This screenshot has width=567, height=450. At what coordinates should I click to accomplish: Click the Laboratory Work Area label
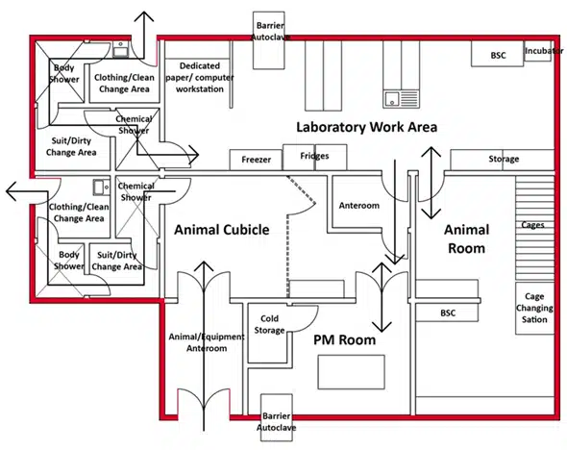[x=367, y=127]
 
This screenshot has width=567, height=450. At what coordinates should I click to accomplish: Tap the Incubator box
[x=538, y=51]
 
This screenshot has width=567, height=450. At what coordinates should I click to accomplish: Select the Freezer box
[x=256, y=160]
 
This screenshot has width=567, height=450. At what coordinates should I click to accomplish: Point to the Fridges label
[x=314, y=156]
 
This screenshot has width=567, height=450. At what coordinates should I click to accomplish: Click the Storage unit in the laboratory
[x=502, y=160]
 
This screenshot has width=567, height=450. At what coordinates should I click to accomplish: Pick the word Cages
[x=532, y=225]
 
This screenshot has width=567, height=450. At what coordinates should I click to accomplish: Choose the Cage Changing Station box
[x=534, y=309]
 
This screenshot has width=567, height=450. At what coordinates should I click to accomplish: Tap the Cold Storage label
[x=269, y=324]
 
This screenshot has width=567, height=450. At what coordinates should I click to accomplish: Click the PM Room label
[x=344, y=340]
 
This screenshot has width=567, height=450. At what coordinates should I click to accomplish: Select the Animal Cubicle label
[x=222, y=230]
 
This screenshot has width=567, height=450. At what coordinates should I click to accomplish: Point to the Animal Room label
[x=466, y=239]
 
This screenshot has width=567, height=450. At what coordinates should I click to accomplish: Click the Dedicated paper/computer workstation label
[x=200, y=78]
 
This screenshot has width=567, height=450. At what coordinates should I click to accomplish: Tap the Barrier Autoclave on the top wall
[x=268, y=40]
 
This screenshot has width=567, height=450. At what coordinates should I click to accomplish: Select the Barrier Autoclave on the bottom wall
[x=277, y=417]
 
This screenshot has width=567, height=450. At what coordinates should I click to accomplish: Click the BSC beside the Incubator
[x=497, y=54]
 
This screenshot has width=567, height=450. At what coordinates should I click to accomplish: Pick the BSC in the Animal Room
[x=448, y=312]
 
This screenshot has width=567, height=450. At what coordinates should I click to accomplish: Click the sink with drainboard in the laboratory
[x=401, y=99]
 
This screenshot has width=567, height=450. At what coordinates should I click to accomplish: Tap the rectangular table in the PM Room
[x=351, y=372]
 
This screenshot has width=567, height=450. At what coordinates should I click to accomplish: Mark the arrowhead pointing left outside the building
[x=12, y=191]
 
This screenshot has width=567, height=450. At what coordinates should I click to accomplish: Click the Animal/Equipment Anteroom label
[x=207, y=342]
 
